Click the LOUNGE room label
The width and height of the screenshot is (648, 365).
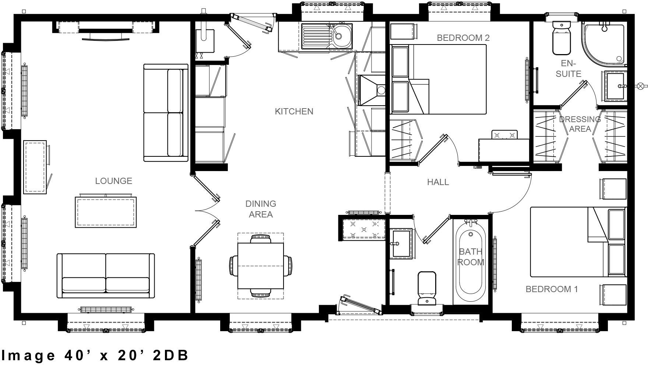click(113, 181)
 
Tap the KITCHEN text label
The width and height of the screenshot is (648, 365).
click(294, 111)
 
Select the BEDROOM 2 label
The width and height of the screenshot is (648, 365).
click(463, 38)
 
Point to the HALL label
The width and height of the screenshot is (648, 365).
click(438, 182)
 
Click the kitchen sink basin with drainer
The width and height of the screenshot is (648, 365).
click(327, 36)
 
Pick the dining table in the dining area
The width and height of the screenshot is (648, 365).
click(260, 266)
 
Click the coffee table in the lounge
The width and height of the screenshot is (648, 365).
click(106, 212)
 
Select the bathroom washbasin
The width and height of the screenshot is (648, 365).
click(401, 243)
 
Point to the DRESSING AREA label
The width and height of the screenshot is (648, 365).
click(580, 124)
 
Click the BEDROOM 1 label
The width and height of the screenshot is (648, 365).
click(551, 289)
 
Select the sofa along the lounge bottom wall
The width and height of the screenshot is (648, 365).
click(106, 276)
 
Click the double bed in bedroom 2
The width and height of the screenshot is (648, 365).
click(447, 79)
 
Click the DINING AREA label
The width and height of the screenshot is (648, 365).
click(260, 209)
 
